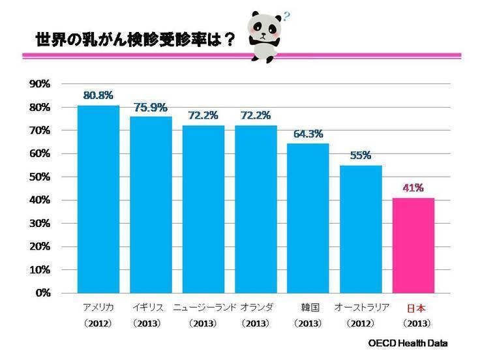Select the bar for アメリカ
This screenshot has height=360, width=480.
coord(98,198)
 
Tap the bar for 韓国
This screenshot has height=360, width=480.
coord(308,218)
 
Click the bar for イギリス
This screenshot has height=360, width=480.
coord(151,204)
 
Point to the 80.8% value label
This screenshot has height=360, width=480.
coord(98,95)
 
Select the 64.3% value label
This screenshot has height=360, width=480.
coord(308,133)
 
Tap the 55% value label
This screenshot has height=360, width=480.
coord(361,155)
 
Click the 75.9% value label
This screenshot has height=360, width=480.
coord(151,106)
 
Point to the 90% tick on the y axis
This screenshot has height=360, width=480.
coord(40,84)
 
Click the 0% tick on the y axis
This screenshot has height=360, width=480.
coord(42,293)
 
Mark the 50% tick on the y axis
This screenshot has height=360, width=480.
coord(40,177)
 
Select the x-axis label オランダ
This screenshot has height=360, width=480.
coord(256,307)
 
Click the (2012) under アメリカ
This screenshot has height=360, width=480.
coord(98,323)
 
